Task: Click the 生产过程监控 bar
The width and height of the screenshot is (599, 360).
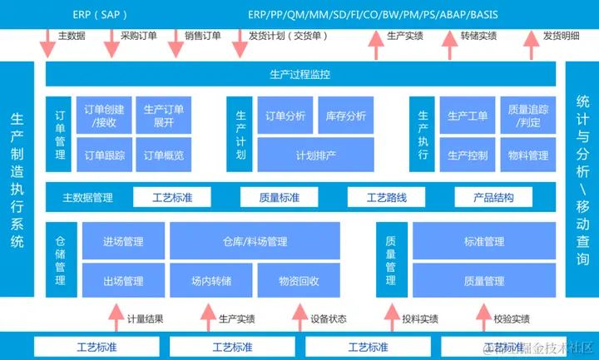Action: pos(300,74)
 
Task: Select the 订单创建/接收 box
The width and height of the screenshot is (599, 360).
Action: pos(106,116)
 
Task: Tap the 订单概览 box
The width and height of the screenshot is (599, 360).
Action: pos(164,155)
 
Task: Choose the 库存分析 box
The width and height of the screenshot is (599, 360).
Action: pos(345,116)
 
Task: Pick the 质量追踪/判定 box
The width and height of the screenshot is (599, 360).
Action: pos(527,116)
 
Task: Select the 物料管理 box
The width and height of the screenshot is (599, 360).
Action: pos(527,155)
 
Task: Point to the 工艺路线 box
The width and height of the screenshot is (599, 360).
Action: pos(387,198)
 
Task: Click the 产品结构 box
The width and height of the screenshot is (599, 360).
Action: pos(493,198)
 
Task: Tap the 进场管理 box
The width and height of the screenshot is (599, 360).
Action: pos(123,242)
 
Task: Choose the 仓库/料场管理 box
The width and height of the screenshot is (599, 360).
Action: pos(255,242)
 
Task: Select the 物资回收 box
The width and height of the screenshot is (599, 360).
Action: pos(299,281)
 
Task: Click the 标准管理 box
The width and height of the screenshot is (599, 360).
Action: pos(483,242)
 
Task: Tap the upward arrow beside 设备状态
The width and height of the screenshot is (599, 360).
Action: pos(299,318)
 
